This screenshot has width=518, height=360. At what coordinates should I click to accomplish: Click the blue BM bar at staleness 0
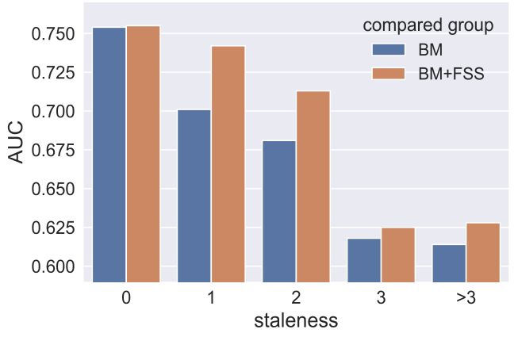(x=109, y=155)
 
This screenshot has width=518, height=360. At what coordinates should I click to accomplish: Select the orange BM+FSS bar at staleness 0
(x=143, y=154)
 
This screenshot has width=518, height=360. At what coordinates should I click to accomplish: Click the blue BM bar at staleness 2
(x=279, y=211)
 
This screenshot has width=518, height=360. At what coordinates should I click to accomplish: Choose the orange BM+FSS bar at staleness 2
(x=313, y=186)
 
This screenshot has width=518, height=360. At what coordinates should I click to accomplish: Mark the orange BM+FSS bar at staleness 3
(x=397, y=255)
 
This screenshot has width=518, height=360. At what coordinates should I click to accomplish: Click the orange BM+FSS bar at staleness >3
(x=482, y=252)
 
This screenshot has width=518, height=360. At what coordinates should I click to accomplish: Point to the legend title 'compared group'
(x=428, y=25)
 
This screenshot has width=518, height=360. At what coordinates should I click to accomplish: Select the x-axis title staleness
(x=296, y=321)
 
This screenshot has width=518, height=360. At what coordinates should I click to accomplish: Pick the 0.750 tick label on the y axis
(x=52, y=34)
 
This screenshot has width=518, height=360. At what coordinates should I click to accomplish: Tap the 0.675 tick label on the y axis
(x=52, y=151)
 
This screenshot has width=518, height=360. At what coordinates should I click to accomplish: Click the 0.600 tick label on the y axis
(x=52, y=266)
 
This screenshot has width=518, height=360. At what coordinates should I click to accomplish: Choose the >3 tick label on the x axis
(x=466, y=297)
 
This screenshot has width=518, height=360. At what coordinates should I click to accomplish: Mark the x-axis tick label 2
(x=296, y=297)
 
